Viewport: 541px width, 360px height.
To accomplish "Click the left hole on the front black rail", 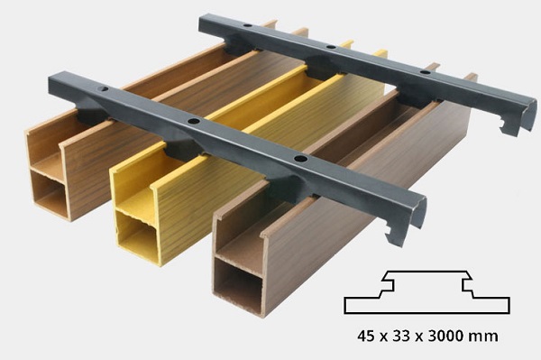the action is click(x=103, y=89).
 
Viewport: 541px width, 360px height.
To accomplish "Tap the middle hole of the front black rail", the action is click(x=194, y=121).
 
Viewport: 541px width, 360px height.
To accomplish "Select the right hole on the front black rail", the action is click(x=301, y=159).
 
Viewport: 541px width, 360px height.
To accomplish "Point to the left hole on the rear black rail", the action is click(x=247, y=25).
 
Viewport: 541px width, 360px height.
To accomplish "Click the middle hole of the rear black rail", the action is click(x=331, y=47).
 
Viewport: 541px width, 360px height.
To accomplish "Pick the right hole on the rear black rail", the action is click(x=425, y=72).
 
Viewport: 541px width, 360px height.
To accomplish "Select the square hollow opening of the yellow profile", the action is click(x=137, y=232).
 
